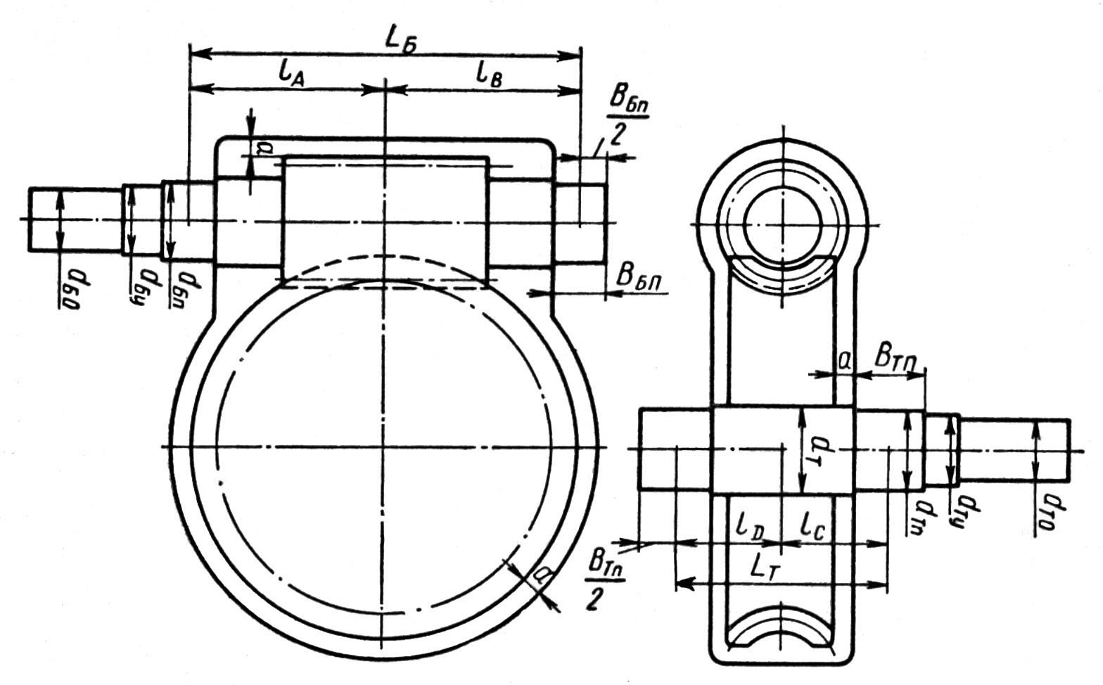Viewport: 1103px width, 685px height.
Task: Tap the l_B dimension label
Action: click(488, 72)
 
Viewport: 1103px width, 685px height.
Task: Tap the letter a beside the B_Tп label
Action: click(845, 360)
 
